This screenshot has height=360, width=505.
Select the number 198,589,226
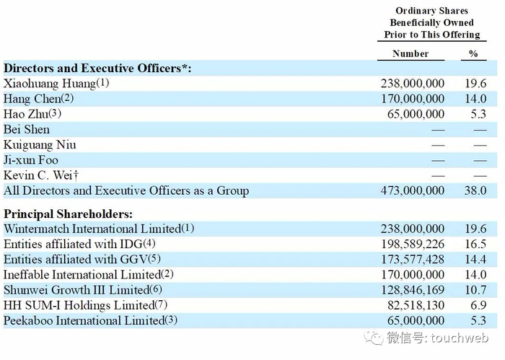[x=412, y=244]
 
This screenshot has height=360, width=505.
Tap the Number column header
[x=410, y=54]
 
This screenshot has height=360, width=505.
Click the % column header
[x=474, y=54]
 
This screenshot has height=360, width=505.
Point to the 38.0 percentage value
[x=476, y=191]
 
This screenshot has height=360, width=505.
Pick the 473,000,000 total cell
[x=412, y=191]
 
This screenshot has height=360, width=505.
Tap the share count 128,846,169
[x=412, y=289]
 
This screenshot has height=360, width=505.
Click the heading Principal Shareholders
[x=69, y=214]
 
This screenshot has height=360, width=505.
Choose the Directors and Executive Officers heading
[x=97, y=69]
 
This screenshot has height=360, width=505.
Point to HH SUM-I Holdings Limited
[x=76, y=304]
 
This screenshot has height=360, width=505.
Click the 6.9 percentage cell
[x=478, y=304]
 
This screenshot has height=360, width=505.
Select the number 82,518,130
[x=416, y=304]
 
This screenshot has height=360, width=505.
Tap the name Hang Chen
[x=32, y=99]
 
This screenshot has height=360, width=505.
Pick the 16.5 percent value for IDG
[x=476, y=244]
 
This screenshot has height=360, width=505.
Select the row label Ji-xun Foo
[x=31, y=160]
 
